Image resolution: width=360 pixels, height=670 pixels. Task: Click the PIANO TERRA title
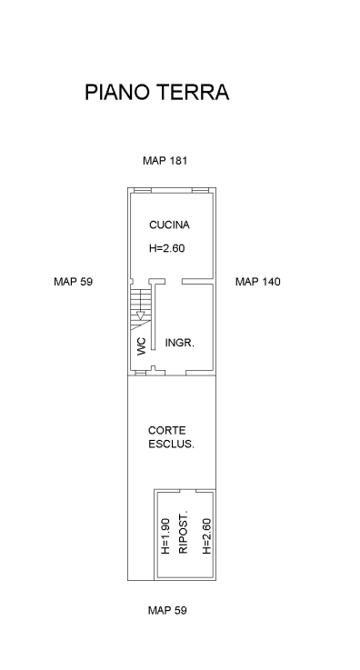156,92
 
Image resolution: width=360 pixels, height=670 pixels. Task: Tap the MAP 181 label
165,161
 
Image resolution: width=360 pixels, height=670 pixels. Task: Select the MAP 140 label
258,282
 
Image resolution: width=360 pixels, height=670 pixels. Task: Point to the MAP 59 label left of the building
73,282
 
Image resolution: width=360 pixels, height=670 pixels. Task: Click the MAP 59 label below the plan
167,610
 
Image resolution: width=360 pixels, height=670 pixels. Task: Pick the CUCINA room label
169,225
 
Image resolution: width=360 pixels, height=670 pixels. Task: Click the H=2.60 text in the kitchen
167,248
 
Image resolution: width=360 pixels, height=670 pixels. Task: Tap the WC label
142,346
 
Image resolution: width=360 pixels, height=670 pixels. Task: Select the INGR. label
180,343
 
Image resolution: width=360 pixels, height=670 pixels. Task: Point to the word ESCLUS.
171,444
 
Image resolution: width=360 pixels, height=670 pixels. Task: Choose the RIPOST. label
184,532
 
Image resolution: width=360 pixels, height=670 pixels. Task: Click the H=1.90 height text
165,536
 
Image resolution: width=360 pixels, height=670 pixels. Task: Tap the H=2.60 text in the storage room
206,536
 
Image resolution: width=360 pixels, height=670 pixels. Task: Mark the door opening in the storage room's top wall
188,491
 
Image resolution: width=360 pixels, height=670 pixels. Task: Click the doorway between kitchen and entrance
174,281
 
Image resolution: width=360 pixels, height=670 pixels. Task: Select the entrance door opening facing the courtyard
175,373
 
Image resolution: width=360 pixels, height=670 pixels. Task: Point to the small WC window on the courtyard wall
141,373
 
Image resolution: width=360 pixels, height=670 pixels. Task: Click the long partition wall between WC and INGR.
154,316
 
